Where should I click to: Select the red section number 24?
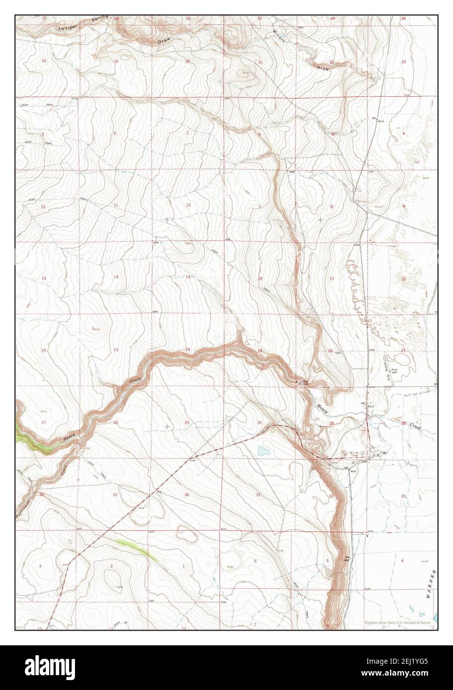coord(188,350)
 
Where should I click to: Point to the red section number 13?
coord(188,277)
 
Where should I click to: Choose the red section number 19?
coord(259,350)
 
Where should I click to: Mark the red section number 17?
coord(331,279)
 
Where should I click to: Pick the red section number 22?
coord(44,350)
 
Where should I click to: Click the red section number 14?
coord(116,277)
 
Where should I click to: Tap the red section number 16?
coord(403,279)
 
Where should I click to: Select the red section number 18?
coord(260,278)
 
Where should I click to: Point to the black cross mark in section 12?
coord(167,219)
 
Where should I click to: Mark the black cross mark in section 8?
coord(320,219)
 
